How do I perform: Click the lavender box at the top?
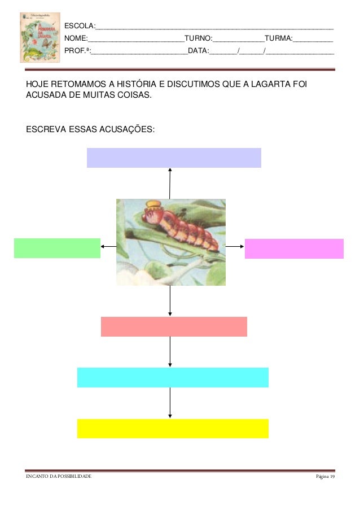click(x=174, y=158)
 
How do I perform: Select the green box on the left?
click(x=57, y=248)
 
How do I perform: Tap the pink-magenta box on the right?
click(x=294, y=249)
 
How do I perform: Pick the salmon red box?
click(x=174, y=326)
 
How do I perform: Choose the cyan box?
click(x=173, y=377)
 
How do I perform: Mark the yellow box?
click(x=173, y=428)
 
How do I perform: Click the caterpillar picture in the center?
click(x=170, y=242)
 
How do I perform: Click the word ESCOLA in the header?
click(x=79, y=27)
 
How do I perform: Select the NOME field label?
click(x=76, y=39)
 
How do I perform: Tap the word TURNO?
click(x=197, y=39)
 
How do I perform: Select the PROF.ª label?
click(x=77, y=51)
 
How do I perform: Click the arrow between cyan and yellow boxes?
click(x=170, y=403)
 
